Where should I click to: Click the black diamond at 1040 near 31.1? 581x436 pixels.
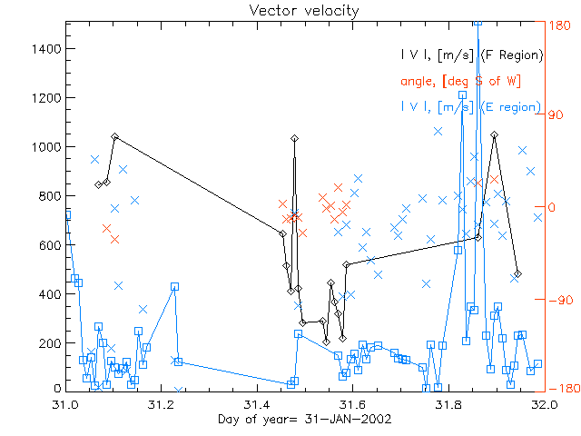[x=114, y=136]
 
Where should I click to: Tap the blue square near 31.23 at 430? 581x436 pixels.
[x=174, y=286]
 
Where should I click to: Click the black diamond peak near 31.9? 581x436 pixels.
[x=494, y=134]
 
